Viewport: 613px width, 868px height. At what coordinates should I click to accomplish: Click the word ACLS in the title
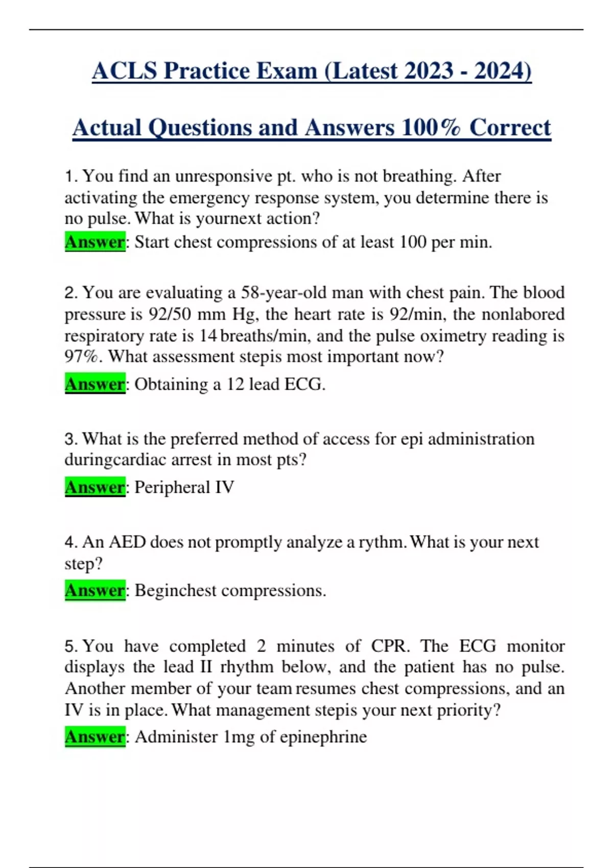[x=124, y=70]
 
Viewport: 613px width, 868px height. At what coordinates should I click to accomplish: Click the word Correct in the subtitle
[x=510, y=128]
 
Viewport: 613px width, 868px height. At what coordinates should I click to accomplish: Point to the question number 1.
[x=70, y=176]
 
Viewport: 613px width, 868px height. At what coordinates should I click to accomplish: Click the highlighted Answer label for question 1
[x=95, y=242]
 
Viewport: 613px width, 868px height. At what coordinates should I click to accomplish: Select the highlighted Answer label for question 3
[x=95, y=487]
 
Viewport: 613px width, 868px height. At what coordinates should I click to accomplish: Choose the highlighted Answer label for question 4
[x=95, y=590]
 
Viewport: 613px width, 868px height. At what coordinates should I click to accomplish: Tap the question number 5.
[x=70, y=646]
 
